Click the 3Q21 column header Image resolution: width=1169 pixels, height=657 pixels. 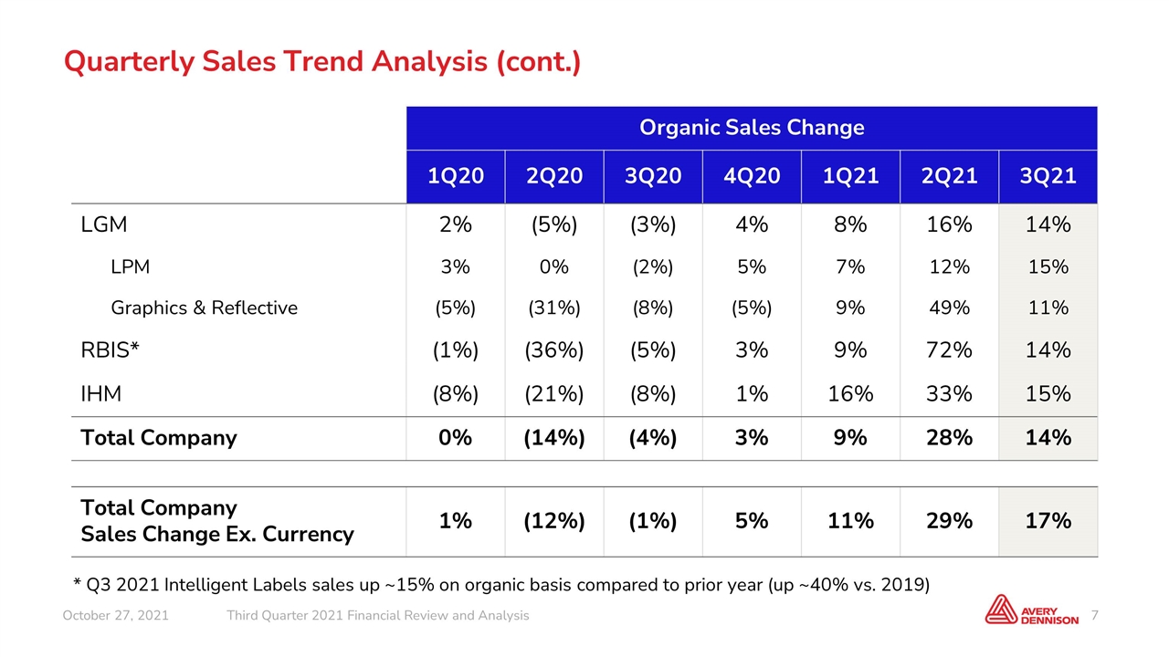point(1048,176)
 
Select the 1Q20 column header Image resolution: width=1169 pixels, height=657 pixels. point(456,176)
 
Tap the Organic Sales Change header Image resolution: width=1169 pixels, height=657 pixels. point(752,128)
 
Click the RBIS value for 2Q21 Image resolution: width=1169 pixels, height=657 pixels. point(949,349)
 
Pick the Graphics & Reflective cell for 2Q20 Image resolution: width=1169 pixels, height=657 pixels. point(554,308)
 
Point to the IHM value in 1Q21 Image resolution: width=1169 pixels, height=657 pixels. point(850,393)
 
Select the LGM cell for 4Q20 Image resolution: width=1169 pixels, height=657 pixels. point(752,224)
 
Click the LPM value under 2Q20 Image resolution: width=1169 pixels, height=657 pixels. point(554,267)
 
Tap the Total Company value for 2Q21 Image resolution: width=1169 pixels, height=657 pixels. point(949,437)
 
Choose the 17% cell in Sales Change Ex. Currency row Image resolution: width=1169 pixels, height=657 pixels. point(1048,521)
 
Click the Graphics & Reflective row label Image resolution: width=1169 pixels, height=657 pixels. point(204,308)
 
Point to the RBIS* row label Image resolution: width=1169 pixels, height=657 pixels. point(110,349)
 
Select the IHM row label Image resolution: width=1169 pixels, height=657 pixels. point(100,393)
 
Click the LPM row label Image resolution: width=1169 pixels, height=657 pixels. point(130,267)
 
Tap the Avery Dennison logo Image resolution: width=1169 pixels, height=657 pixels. point(1031,610)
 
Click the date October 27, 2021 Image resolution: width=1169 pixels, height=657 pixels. point(115,616)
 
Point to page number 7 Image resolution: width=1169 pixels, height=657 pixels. point(1094,616)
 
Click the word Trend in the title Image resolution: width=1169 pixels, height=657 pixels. point(323,61)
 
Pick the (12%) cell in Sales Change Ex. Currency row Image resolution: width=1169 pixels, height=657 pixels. point(554,521)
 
